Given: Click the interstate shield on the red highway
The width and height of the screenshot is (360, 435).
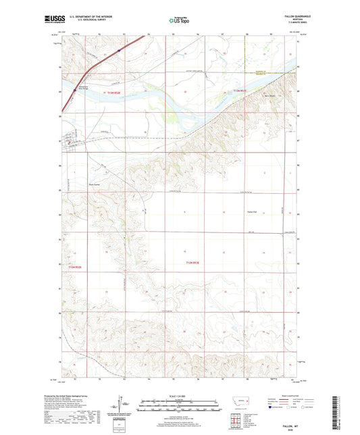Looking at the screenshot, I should [119, 49].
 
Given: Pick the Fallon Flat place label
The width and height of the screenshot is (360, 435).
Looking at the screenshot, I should [253, 211].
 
